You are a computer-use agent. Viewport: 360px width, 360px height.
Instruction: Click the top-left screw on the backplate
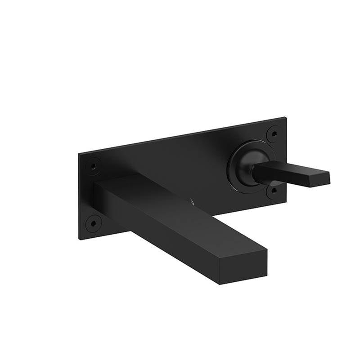tap(93, 166)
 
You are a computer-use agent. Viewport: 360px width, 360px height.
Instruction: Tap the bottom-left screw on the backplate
tap(93, 223)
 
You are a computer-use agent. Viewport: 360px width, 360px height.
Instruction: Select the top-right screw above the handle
tap(273, 133)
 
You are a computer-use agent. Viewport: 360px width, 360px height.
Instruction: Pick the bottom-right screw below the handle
tap(273, 192)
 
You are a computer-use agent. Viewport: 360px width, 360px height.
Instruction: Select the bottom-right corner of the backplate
tap(286, 202)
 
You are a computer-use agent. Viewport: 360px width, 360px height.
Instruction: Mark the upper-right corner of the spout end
tap(267, 247)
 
